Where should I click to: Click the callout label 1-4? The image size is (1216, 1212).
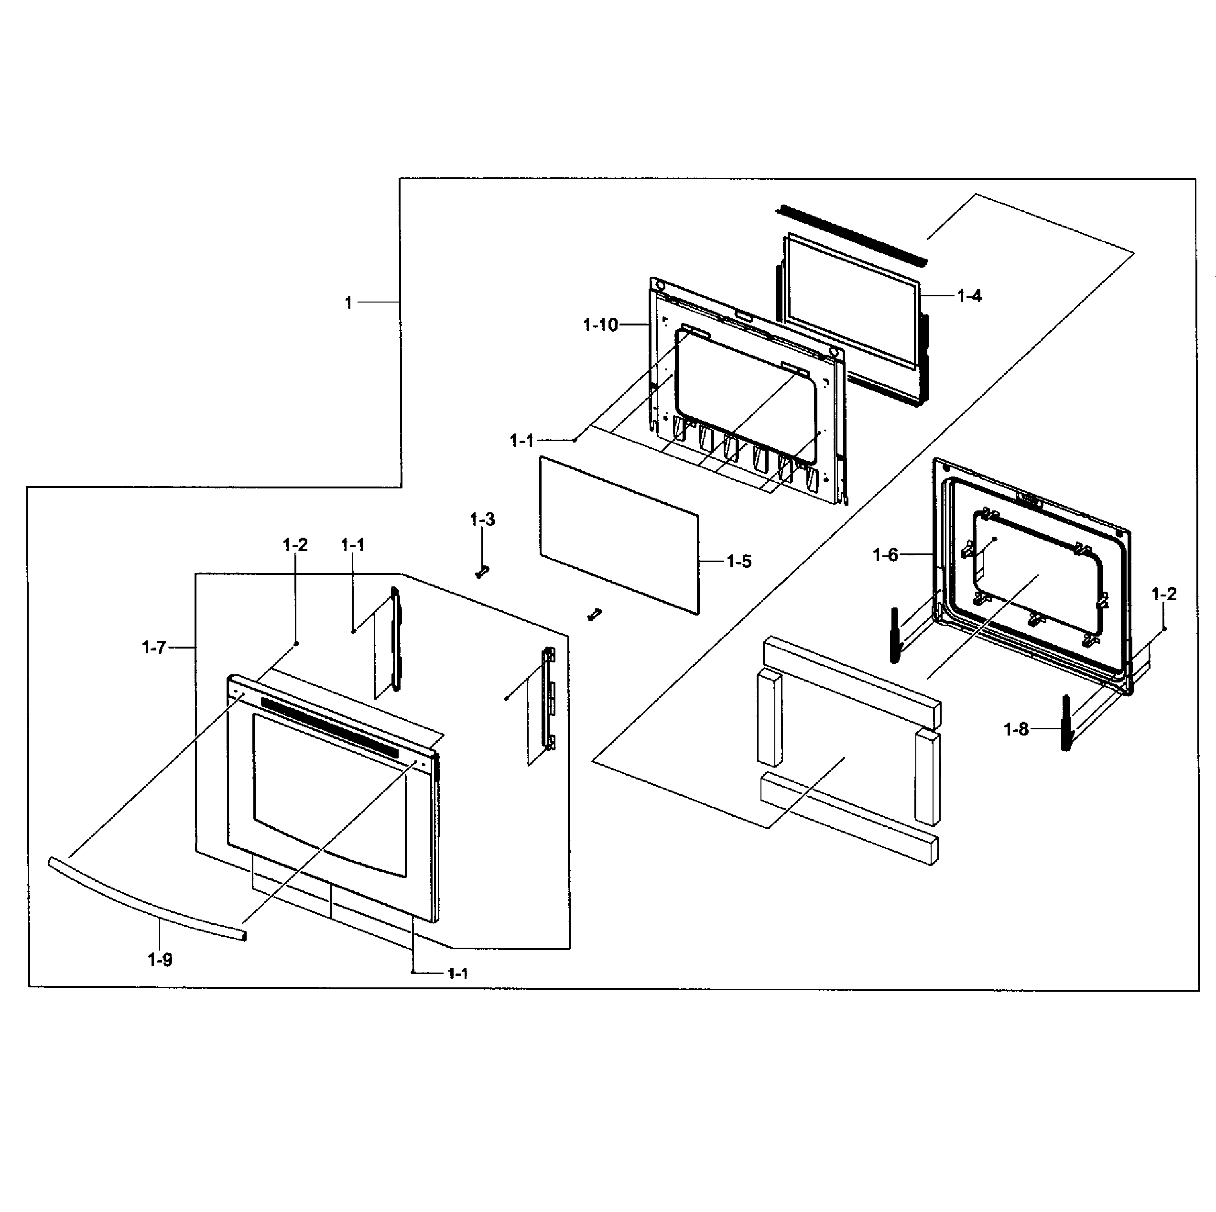click(x=969, y=296)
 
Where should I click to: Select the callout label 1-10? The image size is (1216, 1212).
click(x=600, y=325)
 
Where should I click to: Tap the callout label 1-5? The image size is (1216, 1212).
click(x=739, y=562)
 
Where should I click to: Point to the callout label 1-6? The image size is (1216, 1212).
click(x=885, y=555)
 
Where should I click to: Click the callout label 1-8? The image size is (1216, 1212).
click(x=1015, y=729)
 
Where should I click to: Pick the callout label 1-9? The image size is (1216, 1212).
click(x=160, y=960)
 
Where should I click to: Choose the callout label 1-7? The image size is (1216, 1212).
click(x=153, y=647)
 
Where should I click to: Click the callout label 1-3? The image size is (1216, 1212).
click(x=482, y=520)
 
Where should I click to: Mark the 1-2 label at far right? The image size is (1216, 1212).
click(x=1164, y=594)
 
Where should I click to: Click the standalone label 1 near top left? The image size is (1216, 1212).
click(x=348, y=303)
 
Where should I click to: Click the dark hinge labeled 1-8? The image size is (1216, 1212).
click(x=1065, y=723)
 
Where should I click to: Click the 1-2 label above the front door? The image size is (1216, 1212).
click(x=295, y=545)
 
